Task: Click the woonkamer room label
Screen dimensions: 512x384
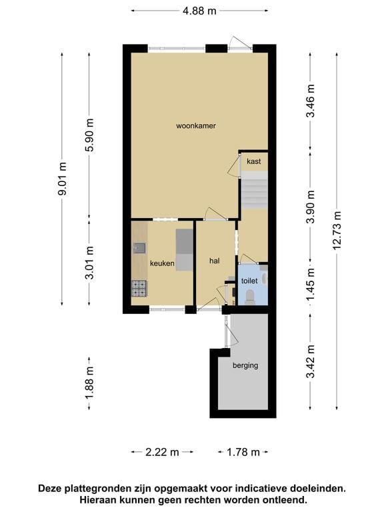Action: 195,125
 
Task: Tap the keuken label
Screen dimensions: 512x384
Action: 162,264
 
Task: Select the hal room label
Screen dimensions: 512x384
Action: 214,261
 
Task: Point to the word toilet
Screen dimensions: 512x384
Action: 249,281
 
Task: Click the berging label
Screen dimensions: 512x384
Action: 245,365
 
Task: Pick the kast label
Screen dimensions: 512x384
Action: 253,161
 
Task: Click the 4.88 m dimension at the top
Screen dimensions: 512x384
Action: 200,10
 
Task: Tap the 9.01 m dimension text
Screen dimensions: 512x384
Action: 63,179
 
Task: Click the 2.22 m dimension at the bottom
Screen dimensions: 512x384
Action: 162,452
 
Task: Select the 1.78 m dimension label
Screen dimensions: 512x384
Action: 243,452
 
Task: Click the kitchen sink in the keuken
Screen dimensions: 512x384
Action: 139,249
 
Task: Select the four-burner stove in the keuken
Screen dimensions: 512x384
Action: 139,288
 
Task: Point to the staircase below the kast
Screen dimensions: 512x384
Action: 253,189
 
